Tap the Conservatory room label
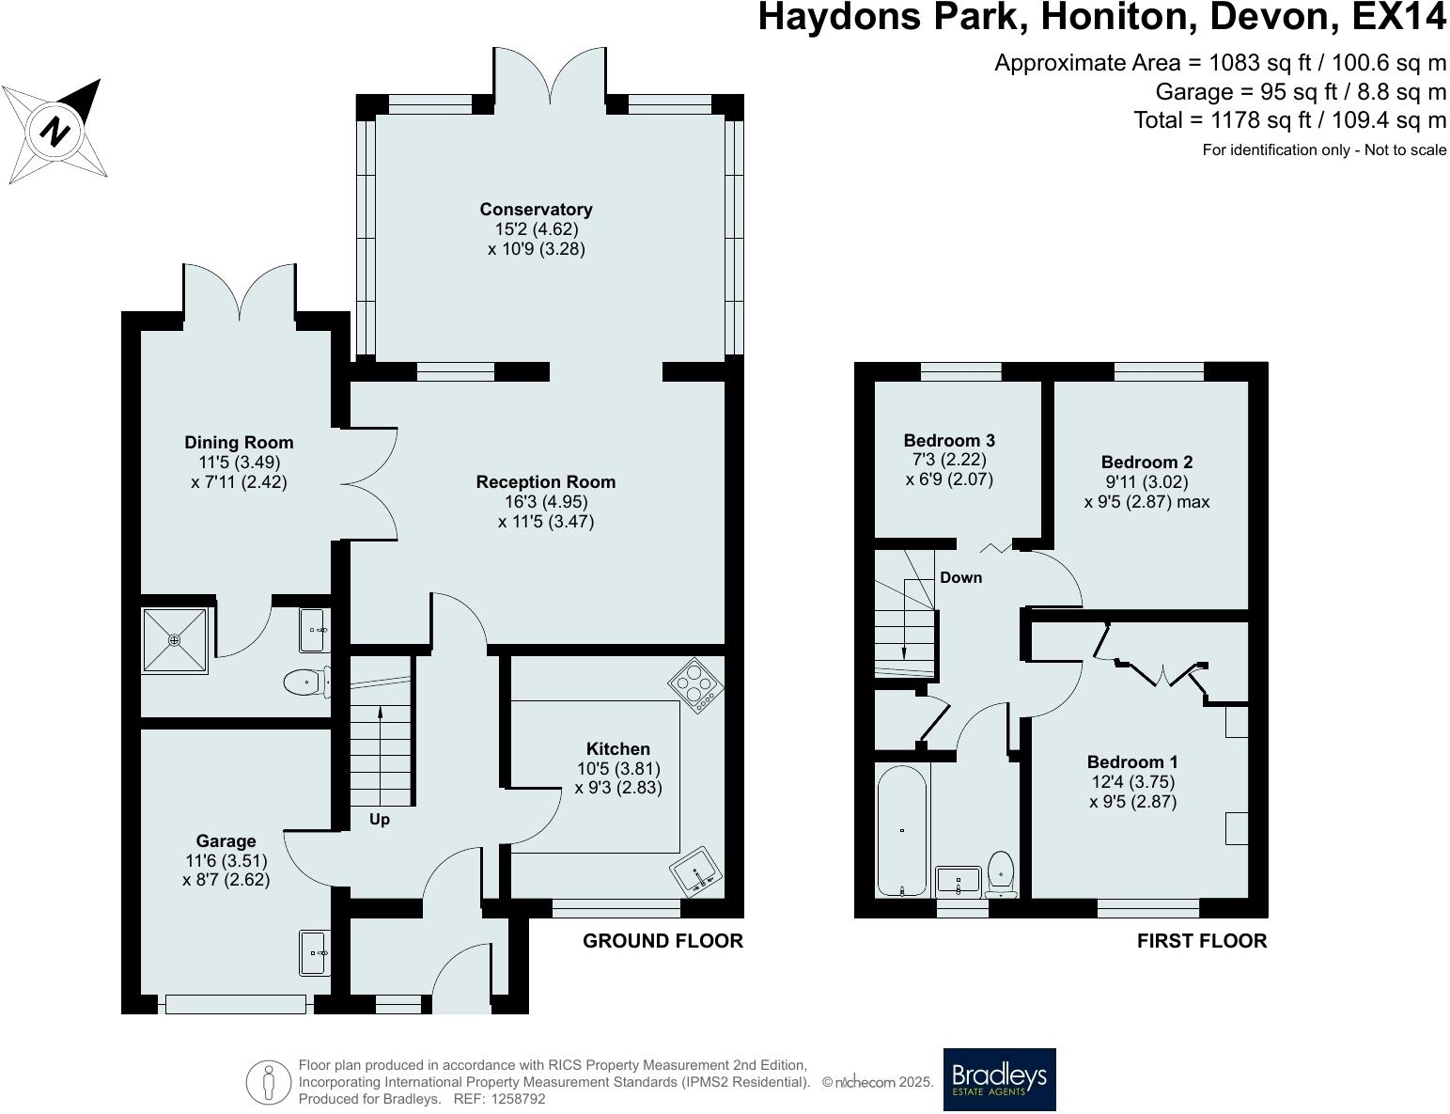pos(536,209)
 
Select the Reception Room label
pos(545,482)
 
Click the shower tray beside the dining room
pos(174,640)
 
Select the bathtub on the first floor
pos(902,829)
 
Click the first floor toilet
pos(1002,872)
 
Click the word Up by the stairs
pos(379,820)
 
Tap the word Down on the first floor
pos(960,577)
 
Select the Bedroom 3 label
pos(949,440)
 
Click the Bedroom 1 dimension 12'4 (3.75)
pos(1132,781)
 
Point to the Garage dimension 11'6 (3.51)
pos(226,860)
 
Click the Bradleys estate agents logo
pos(999,1079)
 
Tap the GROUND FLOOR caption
pos(663,940)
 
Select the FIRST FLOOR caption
pos(1201,940)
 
